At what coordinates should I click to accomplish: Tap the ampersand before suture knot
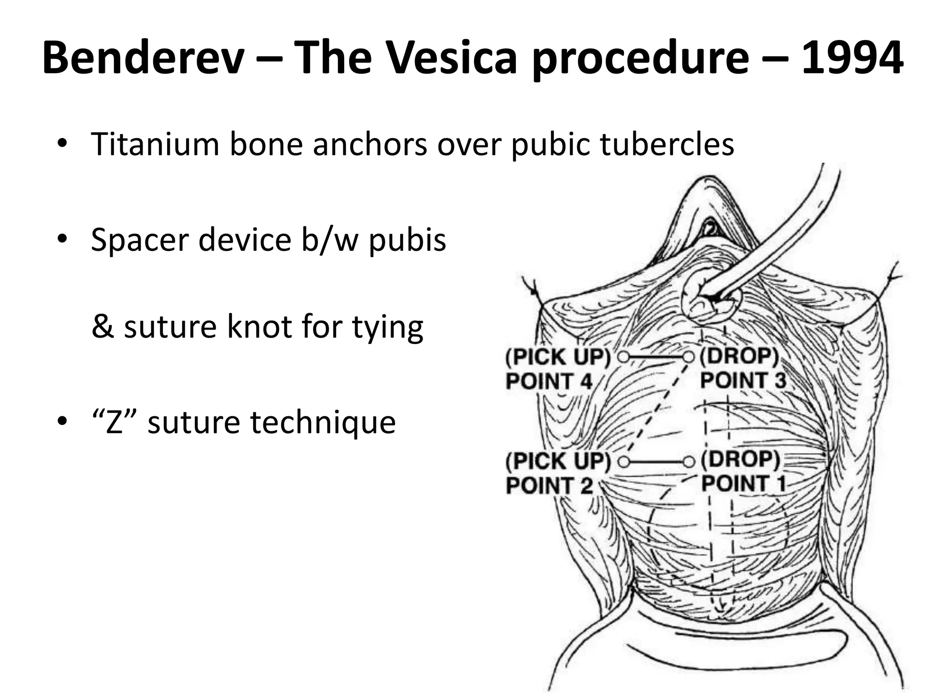pos(102,327)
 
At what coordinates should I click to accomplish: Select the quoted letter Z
pos(113,422)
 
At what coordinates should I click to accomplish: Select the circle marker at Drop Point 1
pos(689,462)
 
